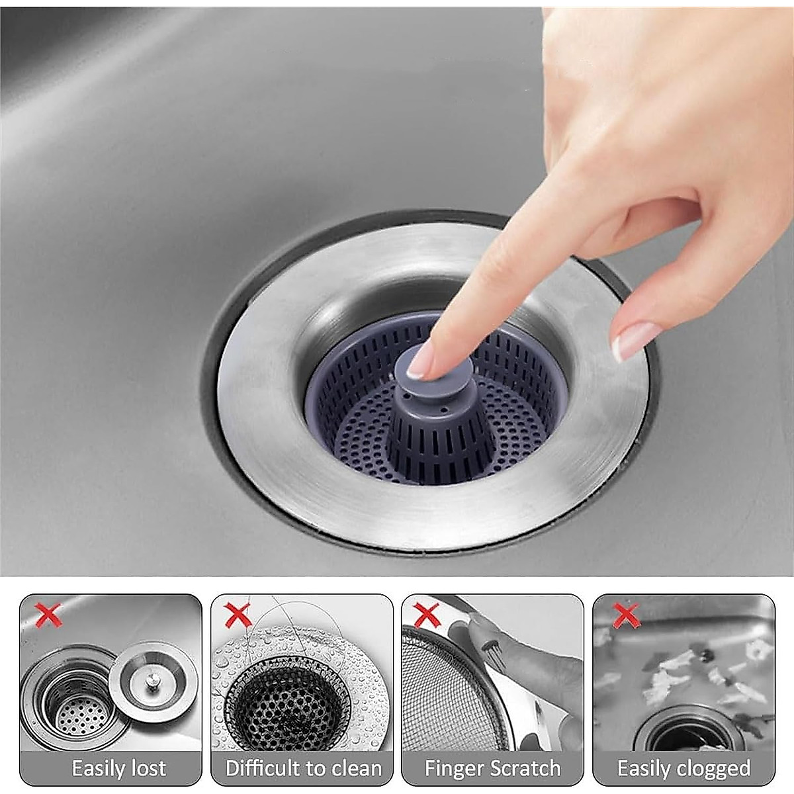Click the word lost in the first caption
pyautogui.click(x=147, y=756)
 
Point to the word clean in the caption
pyautogui.click(x=355, y=756)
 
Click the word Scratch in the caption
pyautogui.click(x=526, y=756)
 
